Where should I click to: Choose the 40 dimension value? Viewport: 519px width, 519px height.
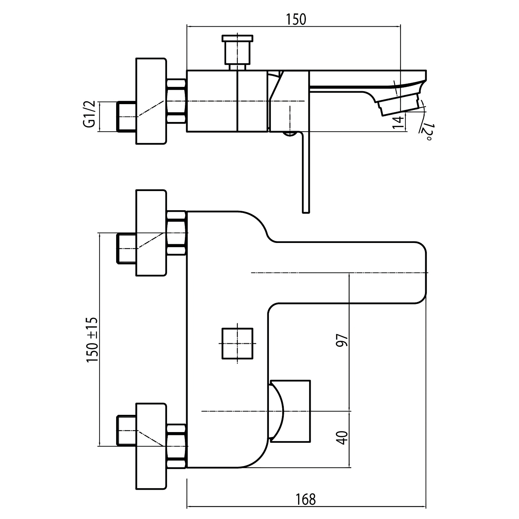coord(342,438)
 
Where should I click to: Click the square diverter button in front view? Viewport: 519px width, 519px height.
coord(237,344)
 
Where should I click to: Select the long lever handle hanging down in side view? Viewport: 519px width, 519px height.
coord(306,172)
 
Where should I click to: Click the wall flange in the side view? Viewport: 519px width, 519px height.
coord(151,101)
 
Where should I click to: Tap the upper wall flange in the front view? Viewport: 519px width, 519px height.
coord(151,233)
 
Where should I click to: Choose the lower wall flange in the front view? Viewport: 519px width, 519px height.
coord(151,446)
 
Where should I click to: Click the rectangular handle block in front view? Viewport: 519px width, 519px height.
coord(290,411)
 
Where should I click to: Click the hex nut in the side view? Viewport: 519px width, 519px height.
coord(177,101)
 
